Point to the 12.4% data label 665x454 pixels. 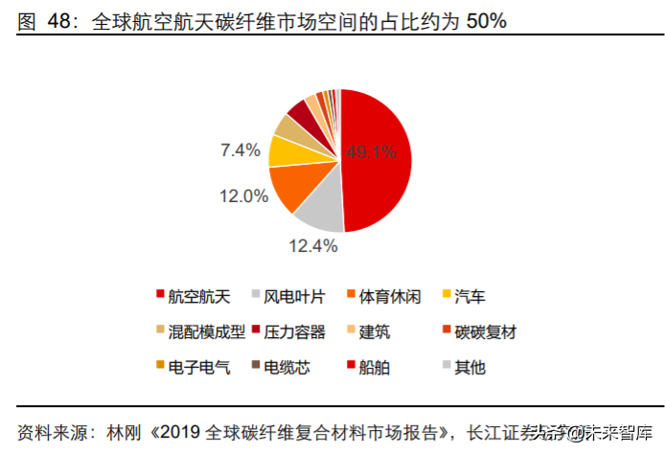click(312, 246)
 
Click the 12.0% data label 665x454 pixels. click(243, 196)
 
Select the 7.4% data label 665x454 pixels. click(241, 149)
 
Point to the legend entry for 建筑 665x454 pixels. click(376, 331)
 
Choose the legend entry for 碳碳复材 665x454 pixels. click(485, 331)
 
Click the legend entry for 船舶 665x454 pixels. click(376, 366)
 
